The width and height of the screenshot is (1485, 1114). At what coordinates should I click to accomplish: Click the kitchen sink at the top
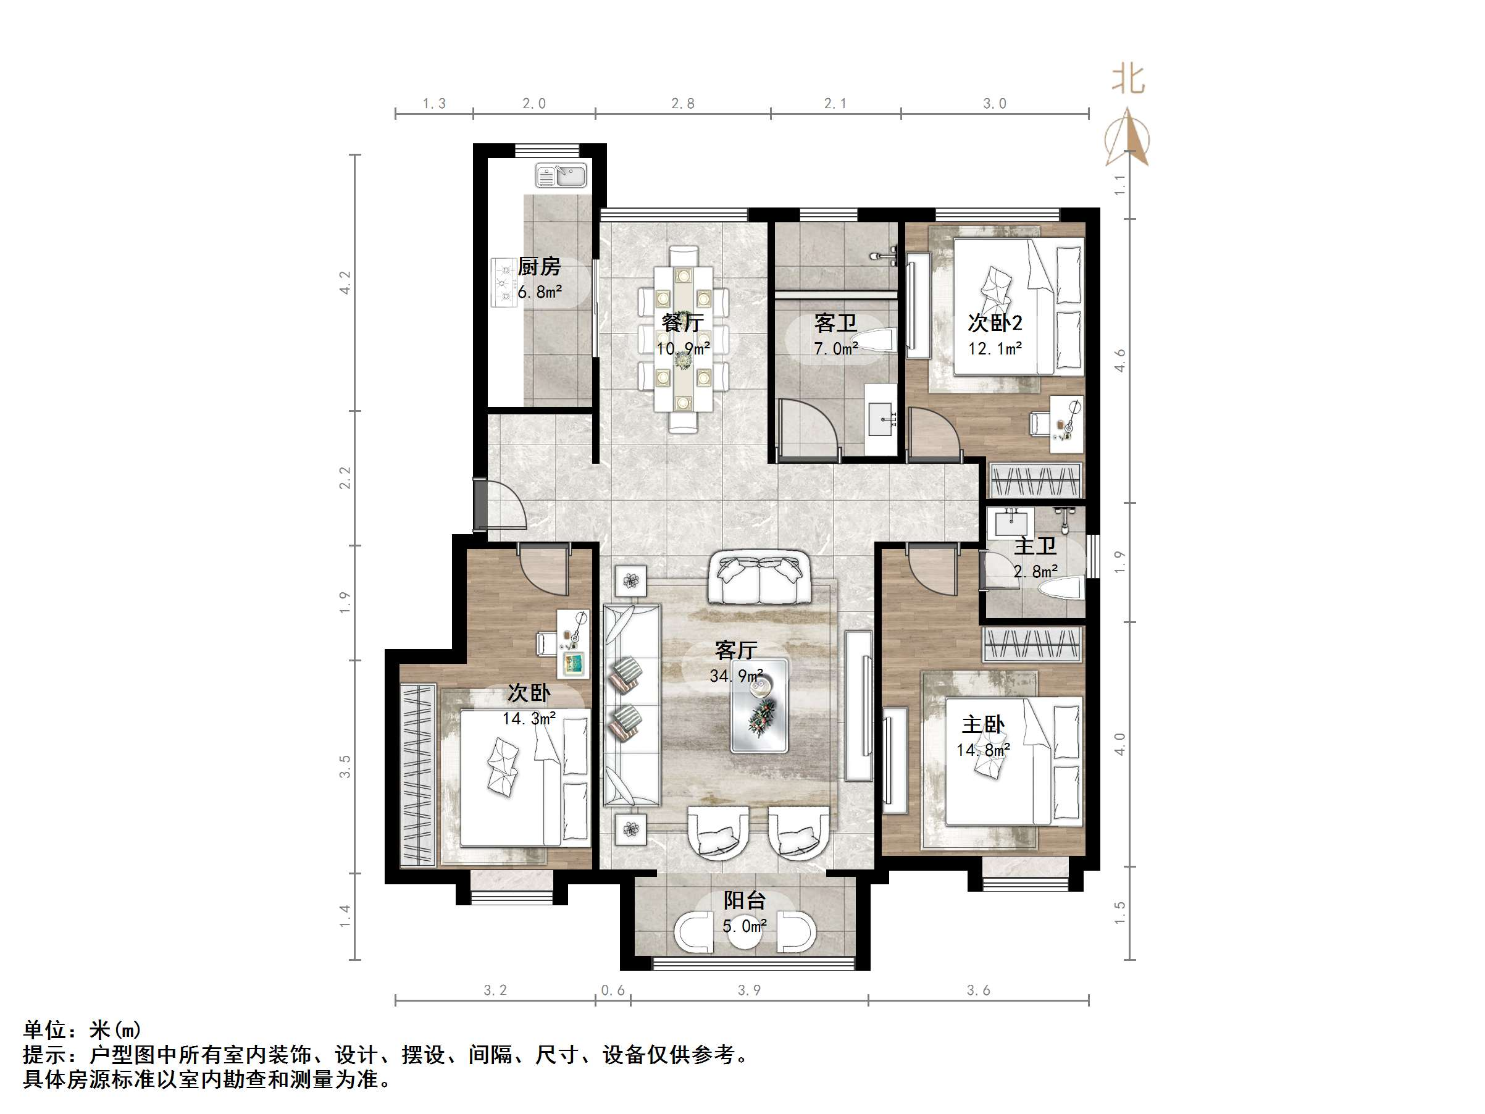coord(561,176)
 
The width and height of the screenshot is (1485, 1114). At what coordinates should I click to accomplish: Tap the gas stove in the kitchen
coord(503,283)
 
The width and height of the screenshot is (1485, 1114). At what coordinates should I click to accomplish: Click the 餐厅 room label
coord(683,323)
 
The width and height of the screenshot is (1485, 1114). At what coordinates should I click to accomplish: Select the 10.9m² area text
coord(683,349)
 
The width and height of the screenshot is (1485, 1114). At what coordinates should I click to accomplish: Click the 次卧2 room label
coord(994,323)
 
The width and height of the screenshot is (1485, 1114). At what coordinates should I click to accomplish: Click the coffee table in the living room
coord(759,706)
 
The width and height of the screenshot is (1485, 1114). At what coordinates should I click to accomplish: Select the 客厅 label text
coord(736,650)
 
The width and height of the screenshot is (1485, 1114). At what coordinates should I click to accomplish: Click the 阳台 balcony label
coord(744,900)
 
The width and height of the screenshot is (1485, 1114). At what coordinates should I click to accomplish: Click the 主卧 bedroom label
coord(983,724)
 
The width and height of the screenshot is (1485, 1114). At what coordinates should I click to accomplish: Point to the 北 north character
coord(1128,79)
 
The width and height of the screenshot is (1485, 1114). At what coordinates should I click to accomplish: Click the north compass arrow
coord(1129,140)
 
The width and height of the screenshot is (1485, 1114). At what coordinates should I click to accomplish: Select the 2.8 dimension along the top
coord(683,103)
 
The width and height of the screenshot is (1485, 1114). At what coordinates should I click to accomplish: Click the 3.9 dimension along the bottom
coord(749,990)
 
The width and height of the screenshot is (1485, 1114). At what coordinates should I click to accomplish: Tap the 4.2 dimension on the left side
coord(345,282)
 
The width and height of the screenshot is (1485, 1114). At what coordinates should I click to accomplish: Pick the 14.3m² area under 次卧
coord(529,719)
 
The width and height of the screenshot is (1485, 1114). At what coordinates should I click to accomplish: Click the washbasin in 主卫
coord(1011,522)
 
